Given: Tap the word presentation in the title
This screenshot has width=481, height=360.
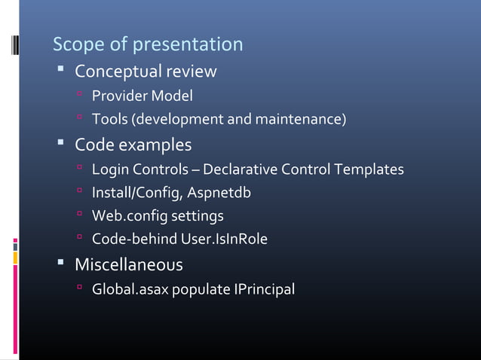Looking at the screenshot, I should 188,45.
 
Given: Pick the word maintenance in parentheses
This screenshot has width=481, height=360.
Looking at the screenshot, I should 302,119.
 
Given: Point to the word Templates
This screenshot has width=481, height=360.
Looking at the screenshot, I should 369,169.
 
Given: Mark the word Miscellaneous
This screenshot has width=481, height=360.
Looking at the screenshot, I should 128,265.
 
